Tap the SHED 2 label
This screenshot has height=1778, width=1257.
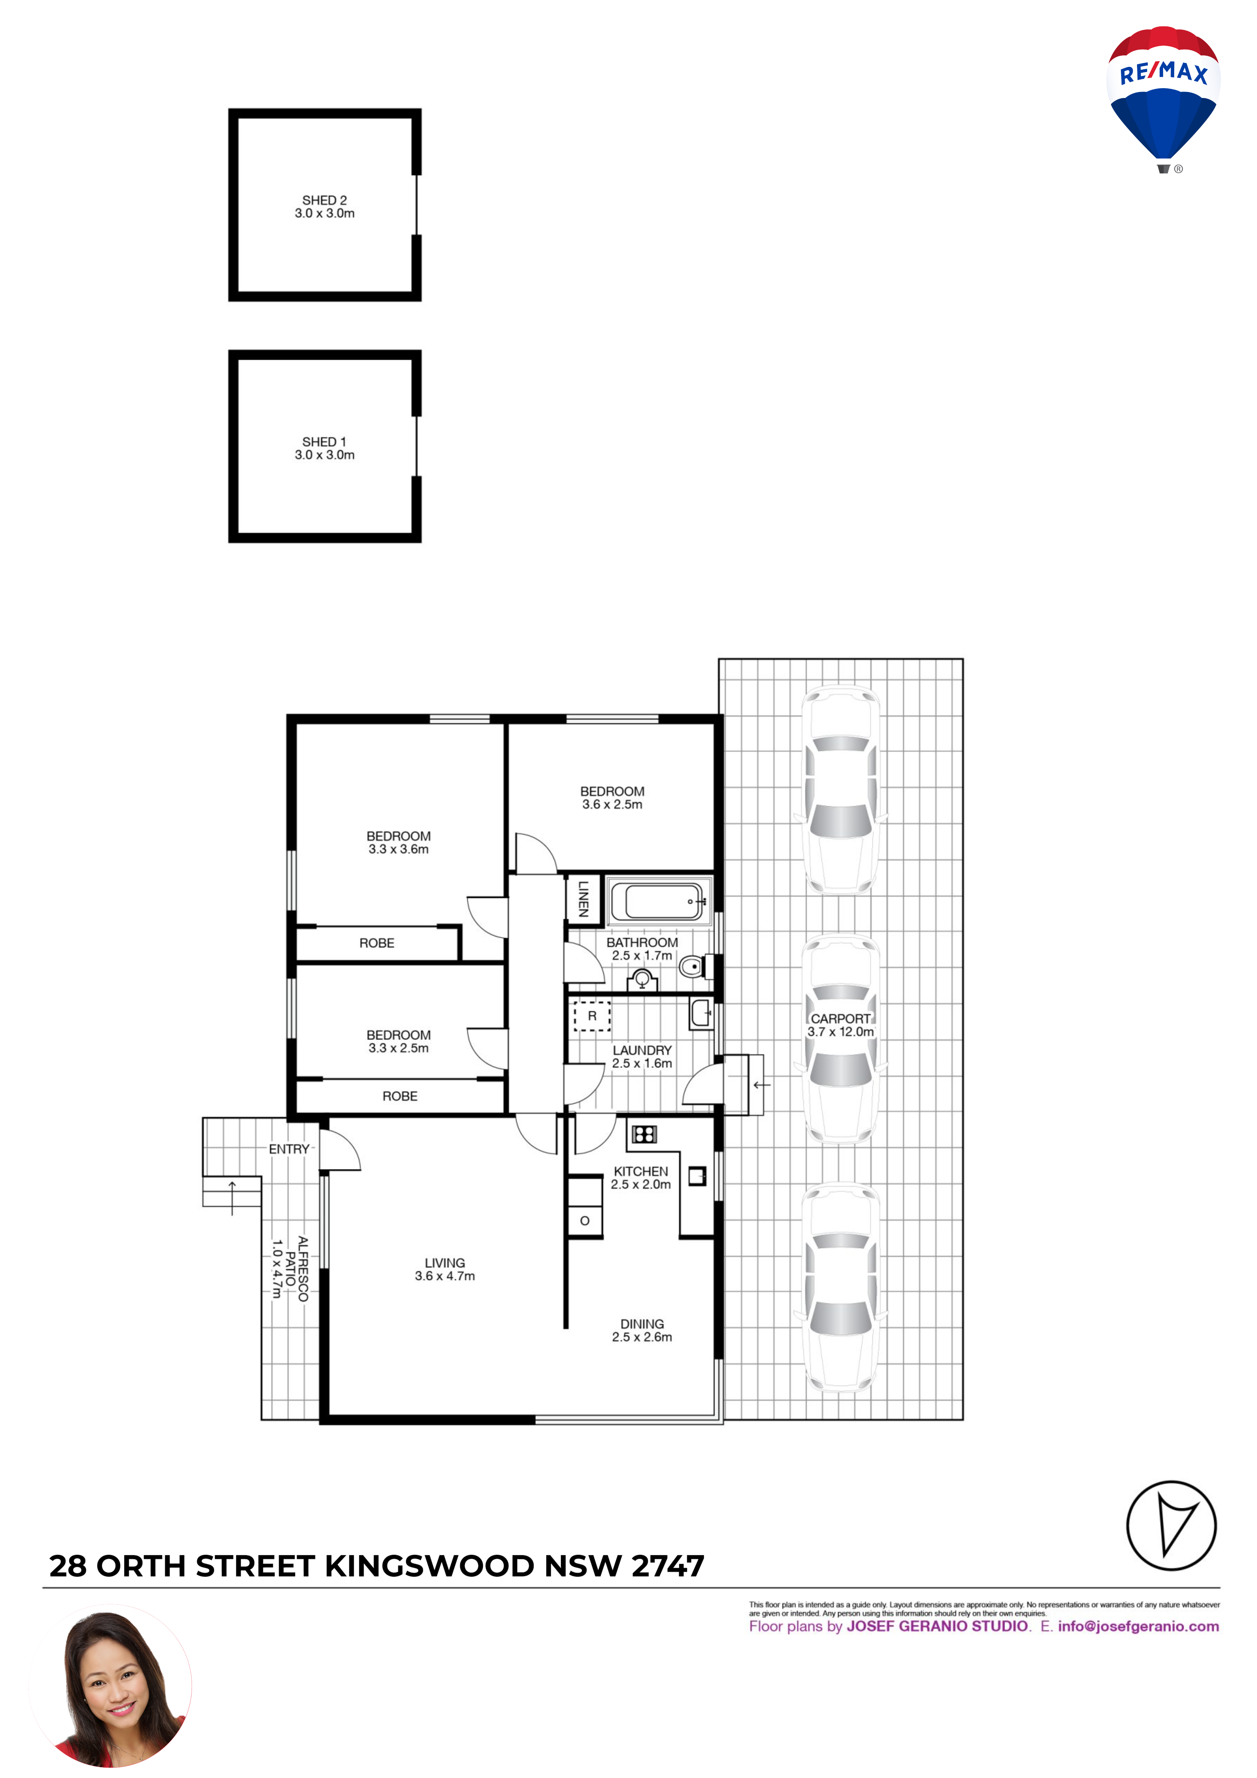324,200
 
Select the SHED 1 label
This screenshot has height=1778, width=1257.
324,441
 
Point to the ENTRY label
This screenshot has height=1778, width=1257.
289,1149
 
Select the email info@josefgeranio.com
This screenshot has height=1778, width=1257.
1138,1626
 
